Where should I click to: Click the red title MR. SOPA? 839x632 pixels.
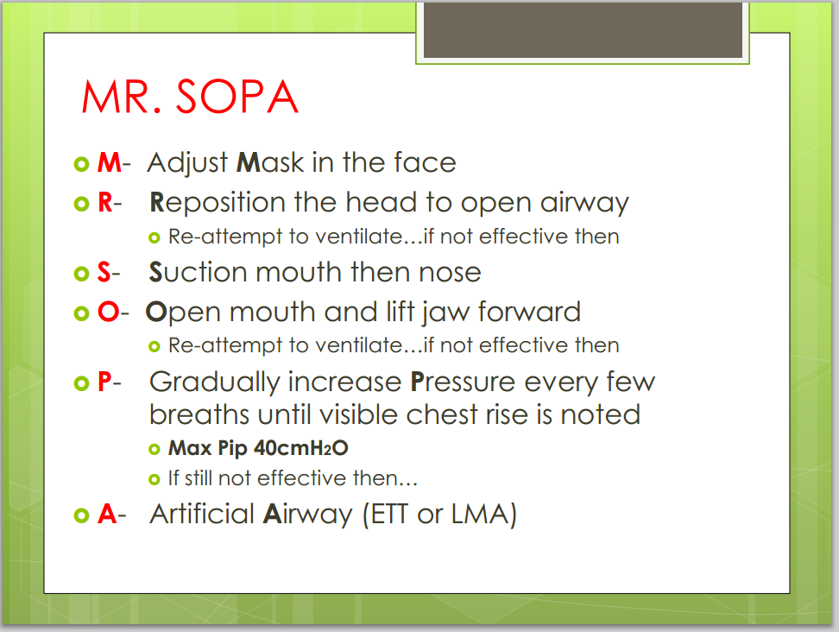190,98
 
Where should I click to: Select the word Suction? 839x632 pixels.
193,272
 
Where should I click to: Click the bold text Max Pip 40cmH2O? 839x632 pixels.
258,449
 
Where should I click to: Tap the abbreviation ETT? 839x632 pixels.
394,515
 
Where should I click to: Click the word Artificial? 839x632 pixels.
203,515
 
